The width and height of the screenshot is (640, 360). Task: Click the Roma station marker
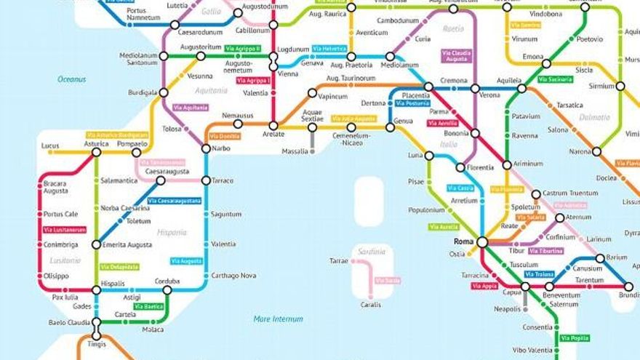click(481, 241)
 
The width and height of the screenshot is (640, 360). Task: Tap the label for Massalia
click(295, 151)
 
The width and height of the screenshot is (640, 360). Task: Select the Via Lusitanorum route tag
click(64, 230)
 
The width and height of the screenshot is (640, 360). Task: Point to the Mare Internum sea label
click(278, 319)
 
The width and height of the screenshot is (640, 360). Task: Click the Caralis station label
click(370, 305)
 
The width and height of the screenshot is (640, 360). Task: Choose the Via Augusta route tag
click(186, 260)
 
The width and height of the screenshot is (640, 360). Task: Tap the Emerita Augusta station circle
click(96, 244)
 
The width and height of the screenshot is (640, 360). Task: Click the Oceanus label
click(72, 79)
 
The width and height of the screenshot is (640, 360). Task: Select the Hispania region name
click(172, 233)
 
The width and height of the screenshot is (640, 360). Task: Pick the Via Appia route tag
click(484, 286)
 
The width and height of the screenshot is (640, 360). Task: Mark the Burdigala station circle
click(164, 92)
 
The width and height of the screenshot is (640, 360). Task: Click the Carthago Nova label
click(233, 276)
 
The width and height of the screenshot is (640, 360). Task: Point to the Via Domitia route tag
click(224, 136)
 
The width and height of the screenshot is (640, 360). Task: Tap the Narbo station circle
click(206, 148)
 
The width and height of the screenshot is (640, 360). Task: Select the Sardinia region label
click(372, 252)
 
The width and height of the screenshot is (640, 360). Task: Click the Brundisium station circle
click(628, 287)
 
